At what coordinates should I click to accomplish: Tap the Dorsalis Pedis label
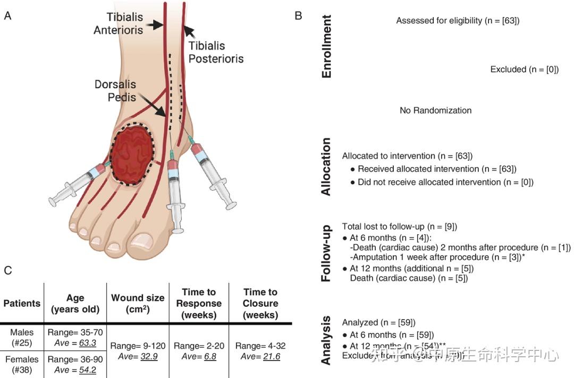pos(115,91)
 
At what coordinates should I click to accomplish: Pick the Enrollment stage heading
pos(326,47)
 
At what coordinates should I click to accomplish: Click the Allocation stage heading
pos(326,166)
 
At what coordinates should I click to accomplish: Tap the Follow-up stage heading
pos(326,253)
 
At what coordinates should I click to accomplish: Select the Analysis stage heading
pos(326,340)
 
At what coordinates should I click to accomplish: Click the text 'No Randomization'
pos(435,110)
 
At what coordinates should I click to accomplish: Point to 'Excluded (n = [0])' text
pos(524,70)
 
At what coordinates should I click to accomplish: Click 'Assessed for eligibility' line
pos(457,21)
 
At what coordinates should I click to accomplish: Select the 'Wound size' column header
pos(138,303)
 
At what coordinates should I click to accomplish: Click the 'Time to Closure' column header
pos(260,303)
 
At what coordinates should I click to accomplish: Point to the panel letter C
pos(8,270)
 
